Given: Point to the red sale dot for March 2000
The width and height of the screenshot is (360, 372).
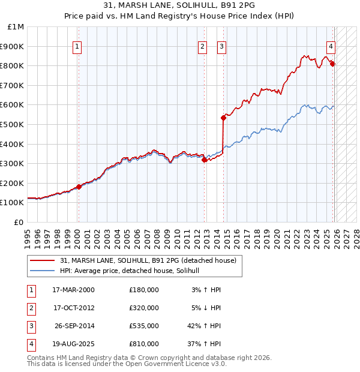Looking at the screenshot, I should pyautogui.click(x=79, y=187).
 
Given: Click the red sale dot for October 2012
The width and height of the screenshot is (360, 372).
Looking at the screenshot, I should pyautogui.click(x=204, y=160).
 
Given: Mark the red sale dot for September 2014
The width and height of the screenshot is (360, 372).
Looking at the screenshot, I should pyautogui.click(x=223, y=118).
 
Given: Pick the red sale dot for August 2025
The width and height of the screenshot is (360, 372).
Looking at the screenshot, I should pyautogui.click(x=332, y=64).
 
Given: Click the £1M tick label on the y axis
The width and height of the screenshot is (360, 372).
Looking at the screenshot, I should pyautogui.click(x=16, y=27).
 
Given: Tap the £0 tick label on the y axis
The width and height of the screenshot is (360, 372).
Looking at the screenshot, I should pyautogui.click(x=19, y=222).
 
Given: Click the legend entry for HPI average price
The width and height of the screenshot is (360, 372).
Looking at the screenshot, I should pyautogui.click(x=133, y=271).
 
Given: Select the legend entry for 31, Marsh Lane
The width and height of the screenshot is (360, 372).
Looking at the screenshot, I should pyautogui.click(x=148, y=260).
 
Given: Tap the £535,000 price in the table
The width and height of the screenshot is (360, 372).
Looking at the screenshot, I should pyautogui.click(x=144, y=326).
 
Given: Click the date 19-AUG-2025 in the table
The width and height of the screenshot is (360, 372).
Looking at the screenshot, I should pyautogui.click(x=72, y=344).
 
